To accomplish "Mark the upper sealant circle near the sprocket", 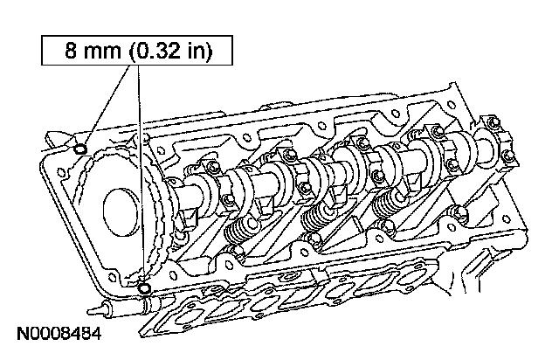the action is [80, 150].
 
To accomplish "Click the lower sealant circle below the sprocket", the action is [144, 282].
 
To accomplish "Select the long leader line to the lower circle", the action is [140, 175].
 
